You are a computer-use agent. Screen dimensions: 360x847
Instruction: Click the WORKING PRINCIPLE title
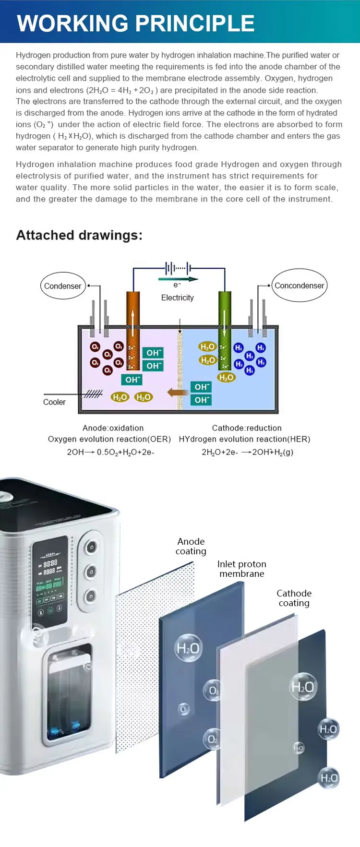click(136, 23)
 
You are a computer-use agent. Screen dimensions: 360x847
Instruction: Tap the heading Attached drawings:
click(79, 235)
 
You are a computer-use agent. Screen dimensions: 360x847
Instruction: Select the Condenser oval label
click(63, 286)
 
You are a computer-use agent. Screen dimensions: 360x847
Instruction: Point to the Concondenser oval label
click(300, 286)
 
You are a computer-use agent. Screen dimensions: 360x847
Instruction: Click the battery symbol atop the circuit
click(177, 267)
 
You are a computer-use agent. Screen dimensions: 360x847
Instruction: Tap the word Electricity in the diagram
click(178, 298)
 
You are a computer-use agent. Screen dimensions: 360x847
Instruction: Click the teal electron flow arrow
click(178, 279)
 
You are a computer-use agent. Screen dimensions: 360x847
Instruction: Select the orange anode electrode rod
click(133, 331)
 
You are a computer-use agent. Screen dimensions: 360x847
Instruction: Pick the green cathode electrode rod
click(224, 331)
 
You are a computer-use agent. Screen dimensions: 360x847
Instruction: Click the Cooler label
click(54, 402)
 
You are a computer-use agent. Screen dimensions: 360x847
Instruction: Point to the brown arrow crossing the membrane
click(178, 393)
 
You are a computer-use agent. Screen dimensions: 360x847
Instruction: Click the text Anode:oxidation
click(113, 428)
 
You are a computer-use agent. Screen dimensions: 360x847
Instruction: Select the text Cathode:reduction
click(247, 428)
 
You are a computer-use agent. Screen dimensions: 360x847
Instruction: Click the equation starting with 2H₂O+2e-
click(248, 452)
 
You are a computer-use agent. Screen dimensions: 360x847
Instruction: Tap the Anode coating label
click(191, 546)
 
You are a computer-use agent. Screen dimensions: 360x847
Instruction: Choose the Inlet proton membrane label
click(242, 569)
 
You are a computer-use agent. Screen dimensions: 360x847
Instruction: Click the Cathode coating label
click(294, 598)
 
